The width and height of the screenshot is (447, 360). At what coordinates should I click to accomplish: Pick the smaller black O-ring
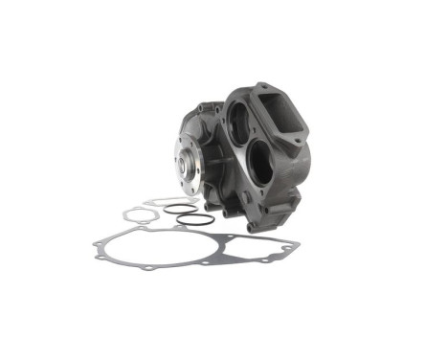179,208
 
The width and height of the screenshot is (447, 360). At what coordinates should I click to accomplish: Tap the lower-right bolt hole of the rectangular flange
302,141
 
